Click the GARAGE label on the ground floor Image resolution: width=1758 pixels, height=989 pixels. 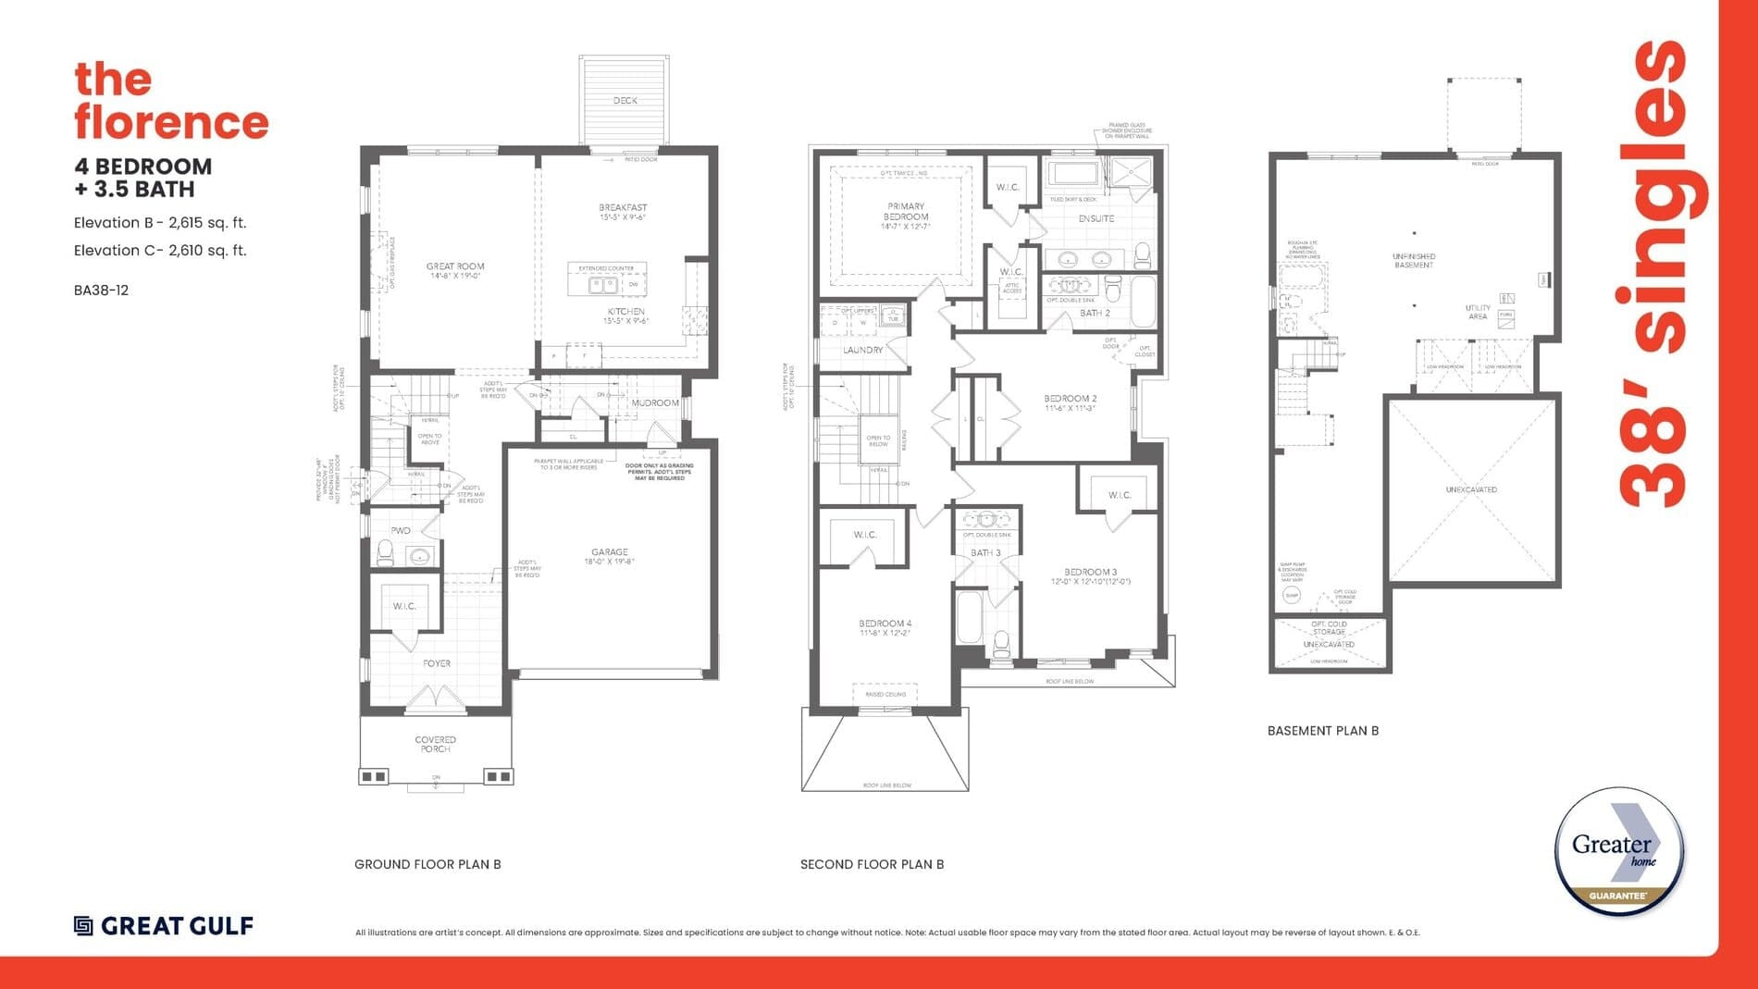pos(610,552)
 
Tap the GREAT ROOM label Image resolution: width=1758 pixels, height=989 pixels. pos(455,266)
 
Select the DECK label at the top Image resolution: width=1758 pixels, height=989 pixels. pos(625,100)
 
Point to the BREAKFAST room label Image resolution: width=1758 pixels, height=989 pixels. pos(623,208)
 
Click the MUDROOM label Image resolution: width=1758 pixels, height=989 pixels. pos(655,403)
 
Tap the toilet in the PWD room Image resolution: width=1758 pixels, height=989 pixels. pos(385,553)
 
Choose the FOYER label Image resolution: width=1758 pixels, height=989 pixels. pos(437,663)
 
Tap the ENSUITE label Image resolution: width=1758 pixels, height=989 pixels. pos(1096,219)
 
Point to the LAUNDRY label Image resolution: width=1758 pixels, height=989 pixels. pos(862,351)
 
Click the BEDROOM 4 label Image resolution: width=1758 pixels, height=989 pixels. pos(885,624)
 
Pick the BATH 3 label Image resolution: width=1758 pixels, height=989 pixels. pos(985,553)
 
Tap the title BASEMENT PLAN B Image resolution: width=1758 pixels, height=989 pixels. pos(1322,731)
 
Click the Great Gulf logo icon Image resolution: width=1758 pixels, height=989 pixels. pos(83,926)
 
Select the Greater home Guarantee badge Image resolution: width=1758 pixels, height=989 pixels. pos(1618,852)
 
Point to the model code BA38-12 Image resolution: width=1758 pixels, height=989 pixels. pos(101,291)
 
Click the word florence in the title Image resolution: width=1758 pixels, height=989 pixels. pos(171,123)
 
